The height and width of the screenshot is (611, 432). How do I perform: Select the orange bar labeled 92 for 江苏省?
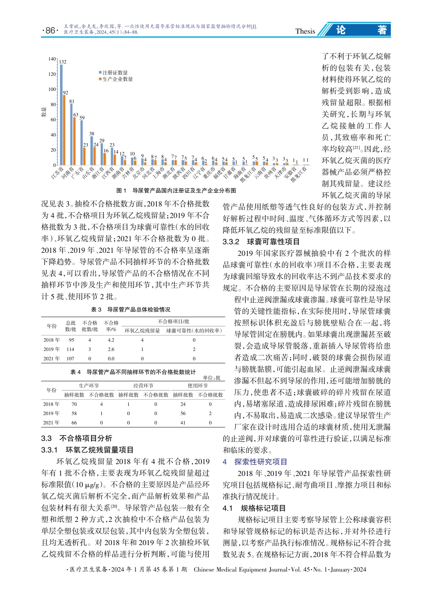[65, 130]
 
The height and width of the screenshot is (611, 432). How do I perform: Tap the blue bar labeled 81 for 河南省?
[71, 134]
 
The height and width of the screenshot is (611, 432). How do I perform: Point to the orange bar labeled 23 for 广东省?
[85, 156]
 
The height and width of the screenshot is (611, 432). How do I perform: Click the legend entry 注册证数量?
[115, 73]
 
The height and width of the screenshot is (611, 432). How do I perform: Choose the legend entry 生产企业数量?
[117, 79]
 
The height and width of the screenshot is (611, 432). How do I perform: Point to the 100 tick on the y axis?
[52, 90]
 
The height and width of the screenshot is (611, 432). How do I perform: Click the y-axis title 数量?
[44, 112]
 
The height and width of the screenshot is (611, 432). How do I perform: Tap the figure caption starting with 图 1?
[176, 191]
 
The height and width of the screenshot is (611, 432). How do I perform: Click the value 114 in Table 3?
[70, 350]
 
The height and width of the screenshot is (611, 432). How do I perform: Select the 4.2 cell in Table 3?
[111, 340]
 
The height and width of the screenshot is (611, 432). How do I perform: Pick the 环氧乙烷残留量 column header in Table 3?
[142, 331]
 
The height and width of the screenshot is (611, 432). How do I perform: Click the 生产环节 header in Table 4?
[89, 386]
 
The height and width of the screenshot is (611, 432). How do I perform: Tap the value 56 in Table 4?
[183, 414]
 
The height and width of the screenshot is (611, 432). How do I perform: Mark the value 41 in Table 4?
[183, 423]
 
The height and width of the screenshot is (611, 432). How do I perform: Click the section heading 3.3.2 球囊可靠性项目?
[261, 242]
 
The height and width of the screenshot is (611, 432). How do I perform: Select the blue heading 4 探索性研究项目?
[255, 462]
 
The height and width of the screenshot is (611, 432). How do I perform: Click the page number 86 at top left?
[50, 31]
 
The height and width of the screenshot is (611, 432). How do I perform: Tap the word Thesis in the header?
[305, 31]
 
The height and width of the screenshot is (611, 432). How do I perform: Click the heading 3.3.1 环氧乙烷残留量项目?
[87, 450]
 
